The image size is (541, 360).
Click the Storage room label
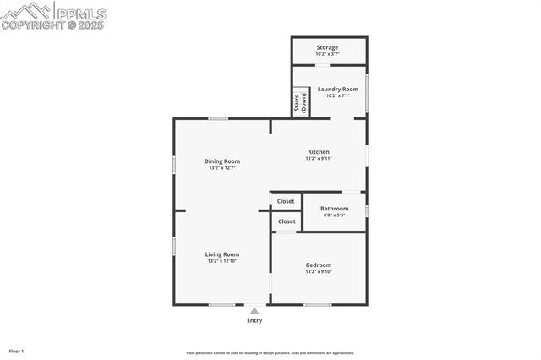[327, 47]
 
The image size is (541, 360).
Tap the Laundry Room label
[337, 89]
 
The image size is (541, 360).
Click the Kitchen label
[318, 152]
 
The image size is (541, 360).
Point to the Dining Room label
[222, 161]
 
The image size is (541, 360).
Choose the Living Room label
[222, 254]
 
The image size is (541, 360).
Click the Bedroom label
[319, 265]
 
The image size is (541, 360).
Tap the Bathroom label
[334, 209]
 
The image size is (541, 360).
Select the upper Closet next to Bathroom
[286, 201]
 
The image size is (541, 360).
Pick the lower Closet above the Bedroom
[286, 221]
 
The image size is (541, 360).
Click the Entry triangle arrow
[254, 310]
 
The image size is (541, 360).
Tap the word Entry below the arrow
[254, 320]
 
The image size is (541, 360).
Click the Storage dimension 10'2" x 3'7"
[327, 54]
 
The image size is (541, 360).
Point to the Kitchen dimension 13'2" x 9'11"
[318, 159]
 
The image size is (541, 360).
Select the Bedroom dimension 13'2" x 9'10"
[319, 272]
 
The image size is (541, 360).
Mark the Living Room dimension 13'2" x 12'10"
[222, 261]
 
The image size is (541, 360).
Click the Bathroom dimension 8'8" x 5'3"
[334, 215]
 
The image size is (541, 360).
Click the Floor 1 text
[16, 351]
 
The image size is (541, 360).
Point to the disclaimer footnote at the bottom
[270, 353]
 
